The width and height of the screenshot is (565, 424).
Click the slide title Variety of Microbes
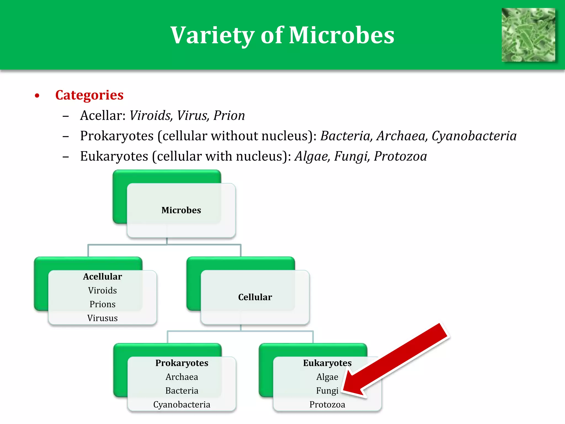point(282,35)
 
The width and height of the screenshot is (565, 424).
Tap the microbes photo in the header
point(528,35)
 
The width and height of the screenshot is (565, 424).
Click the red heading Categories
point(89,95)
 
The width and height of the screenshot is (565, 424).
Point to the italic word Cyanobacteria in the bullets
point(474,136)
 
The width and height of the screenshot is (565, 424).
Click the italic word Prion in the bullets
point(229,115)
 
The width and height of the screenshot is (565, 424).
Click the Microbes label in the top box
point(181,210)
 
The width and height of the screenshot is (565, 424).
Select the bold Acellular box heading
point(102,277)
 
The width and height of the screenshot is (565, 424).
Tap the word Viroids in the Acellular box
point(102,290)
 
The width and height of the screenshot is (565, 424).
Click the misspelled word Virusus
point(102,318)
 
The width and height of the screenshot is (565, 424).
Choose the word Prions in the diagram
point(102,304)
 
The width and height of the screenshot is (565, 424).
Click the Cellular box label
point(255,297)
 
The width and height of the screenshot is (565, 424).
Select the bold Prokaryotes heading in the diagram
point(182,363)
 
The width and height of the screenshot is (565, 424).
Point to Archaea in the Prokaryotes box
point(182,377)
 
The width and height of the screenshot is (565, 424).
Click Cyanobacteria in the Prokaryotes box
point(182,404)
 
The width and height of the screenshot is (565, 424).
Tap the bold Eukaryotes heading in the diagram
point(327,363)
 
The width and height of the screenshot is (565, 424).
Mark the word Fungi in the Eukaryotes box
point(327,391)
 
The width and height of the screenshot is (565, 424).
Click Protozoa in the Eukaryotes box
point(327,404)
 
